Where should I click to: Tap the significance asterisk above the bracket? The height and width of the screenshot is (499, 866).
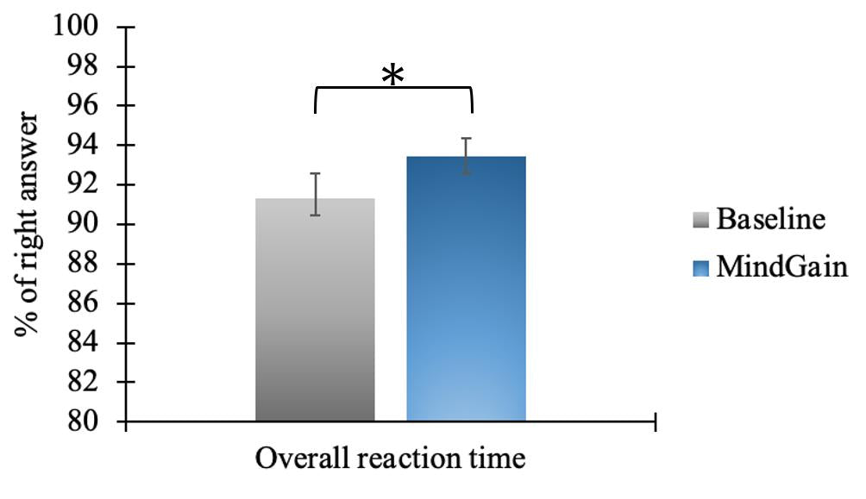coord(392,76)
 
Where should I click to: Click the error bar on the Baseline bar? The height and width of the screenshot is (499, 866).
coord(317,195)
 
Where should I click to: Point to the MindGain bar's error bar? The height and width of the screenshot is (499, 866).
coord(466,156)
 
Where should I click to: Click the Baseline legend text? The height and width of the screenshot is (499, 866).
coord(771,220)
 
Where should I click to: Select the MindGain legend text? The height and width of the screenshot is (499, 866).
coord(782,267)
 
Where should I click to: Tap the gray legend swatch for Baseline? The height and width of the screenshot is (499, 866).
coord(701,221)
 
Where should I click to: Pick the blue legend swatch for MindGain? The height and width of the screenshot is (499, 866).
coord(701,268)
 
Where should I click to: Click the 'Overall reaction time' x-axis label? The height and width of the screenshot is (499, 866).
coord(390,458)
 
